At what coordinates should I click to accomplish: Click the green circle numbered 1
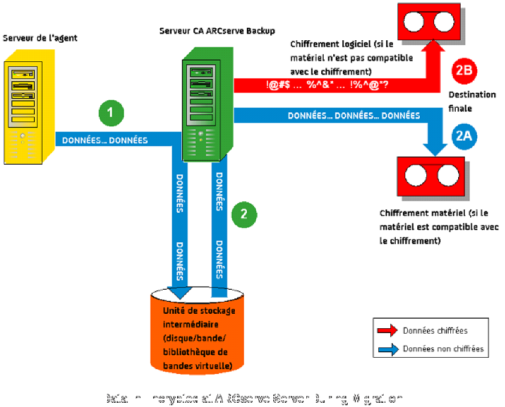(111, 112)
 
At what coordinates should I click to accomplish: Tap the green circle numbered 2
(243, 213)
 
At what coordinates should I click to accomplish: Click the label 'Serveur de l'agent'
(40, 38)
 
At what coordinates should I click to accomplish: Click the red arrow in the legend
(387, 330)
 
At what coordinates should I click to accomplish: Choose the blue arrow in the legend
(387, 348)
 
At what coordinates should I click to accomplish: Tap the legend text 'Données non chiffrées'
(443, 349)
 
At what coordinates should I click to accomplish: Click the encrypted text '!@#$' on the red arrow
(279, 85)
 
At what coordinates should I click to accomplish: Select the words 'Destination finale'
(472, 102)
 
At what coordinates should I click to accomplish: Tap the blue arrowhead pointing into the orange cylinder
(180, 292)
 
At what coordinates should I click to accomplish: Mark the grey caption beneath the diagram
(253, 398)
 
